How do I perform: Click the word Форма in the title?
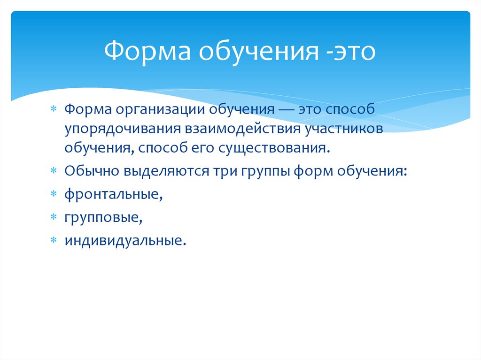pyautogui.click(x=147, y=52)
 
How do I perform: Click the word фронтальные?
pyautogui.click(x=114, y=194)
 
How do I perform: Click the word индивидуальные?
pyautogui.click(x=125, y=241)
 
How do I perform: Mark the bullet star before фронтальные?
pyautogui.click(x=54, y=194)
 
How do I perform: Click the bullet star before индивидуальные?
pyautogui.click(x=54, y=240)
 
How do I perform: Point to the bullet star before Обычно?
pyautogui.click(x=54, y=170)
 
